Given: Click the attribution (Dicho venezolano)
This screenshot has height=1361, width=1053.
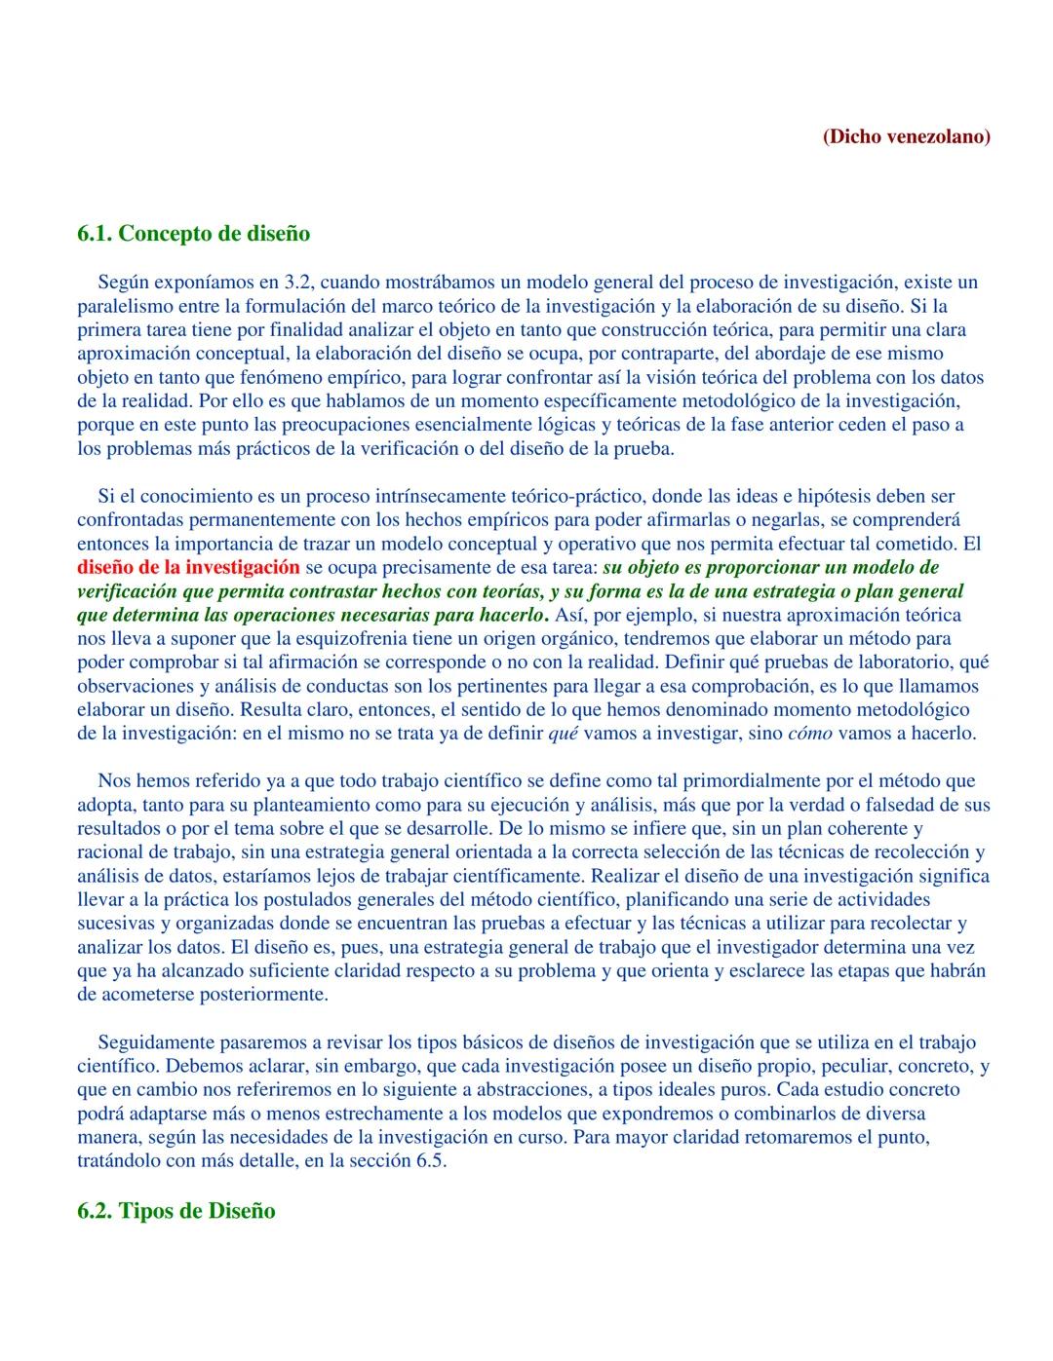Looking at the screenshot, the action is click(x=907, y=136).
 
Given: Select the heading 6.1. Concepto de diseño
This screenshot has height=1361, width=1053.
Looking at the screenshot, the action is click(x=193, y=234).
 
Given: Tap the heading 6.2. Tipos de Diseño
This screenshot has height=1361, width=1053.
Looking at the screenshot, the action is click(x=175, y=1211).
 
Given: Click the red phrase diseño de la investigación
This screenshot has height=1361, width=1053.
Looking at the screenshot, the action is click(x=188, y=567).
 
